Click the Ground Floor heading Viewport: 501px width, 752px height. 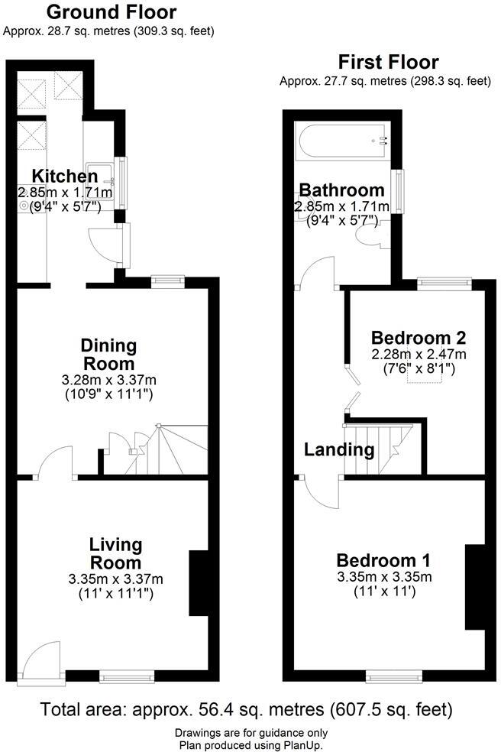click(x=112, y=12)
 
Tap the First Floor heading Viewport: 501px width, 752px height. click(x=389, y=62)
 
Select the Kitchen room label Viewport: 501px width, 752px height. click(x=65, y=177)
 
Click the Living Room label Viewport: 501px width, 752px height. click(x=115, y=554)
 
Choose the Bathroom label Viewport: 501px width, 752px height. click(x=341, y=190)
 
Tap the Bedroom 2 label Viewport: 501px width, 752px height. click(x=418, y=337)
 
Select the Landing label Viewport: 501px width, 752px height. click(x=339, y=449)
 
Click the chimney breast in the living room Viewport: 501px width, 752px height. click(x=199, y=582)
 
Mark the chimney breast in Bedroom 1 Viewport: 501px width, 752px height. click(x=474, y=587)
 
